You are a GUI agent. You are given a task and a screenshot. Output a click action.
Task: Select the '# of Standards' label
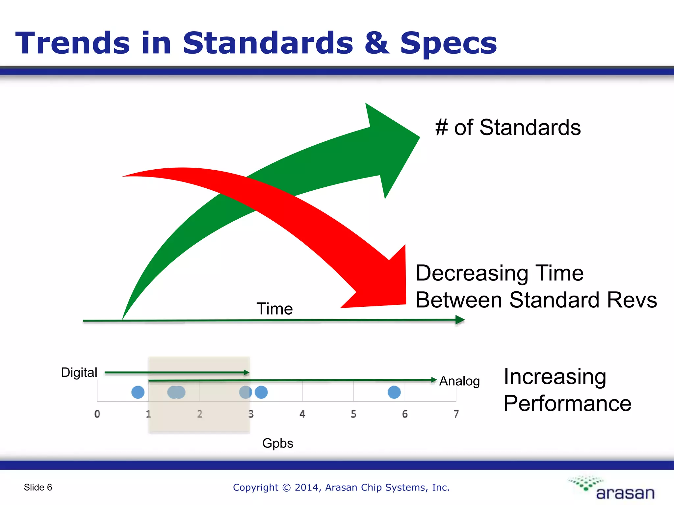pos(508,128)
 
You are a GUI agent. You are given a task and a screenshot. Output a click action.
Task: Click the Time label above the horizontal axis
pos(274,309)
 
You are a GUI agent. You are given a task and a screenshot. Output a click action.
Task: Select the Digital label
pos(79,373)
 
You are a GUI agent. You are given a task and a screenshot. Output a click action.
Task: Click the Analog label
pos(459,381)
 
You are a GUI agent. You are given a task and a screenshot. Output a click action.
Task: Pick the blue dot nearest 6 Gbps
pos(394,392)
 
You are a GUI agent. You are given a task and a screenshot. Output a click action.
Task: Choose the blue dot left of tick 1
pos(138,392)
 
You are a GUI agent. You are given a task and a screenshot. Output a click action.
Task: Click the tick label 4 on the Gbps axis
pos(302,414)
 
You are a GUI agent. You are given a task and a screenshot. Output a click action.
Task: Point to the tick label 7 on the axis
pos(456,414)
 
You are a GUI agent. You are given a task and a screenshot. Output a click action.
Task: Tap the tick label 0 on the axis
pos(97,414)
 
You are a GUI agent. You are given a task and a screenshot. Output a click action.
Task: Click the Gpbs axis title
pos(277,443)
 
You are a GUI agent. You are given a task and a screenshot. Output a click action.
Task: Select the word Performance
pos(567,403)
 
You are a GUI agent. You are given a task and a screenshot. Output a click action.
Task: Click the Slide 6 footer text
pos(38,487)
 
